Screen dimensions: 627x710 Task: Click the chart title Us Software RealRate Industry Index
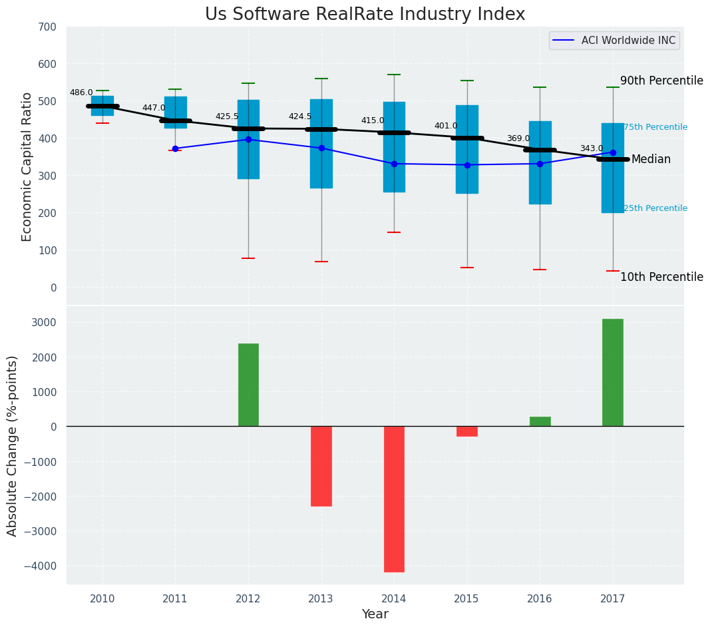click(365, 15)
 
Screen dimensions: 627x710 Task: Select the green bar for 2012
click(248, 385)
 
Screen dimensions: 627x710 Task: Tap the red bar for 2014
click(394, 499)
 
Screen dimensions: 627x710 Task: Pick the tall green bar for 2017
click(612, 373)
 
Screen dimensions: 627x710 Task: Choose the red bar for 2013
click(321, 466)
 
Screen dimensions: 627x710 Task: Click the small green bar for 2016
click(540, 421)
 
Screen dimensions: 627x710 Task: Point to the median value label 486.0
click(81, 93)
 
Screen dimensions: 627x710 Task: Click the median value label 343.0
click(592, 148)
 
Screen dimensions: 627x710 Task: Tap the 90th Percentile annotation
click(661, 81)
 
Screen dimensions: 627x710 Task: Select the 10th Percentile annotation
click(661, 277)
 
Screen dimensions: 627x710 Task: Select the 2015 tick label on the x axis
click(466, 598)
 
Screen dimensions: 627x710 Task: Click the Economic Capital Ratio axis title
click(27, 166)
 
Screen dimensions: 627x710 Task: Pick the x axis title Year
click(375, 614)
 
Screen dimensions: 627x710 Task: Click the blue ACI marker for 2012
click(248, 140)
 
